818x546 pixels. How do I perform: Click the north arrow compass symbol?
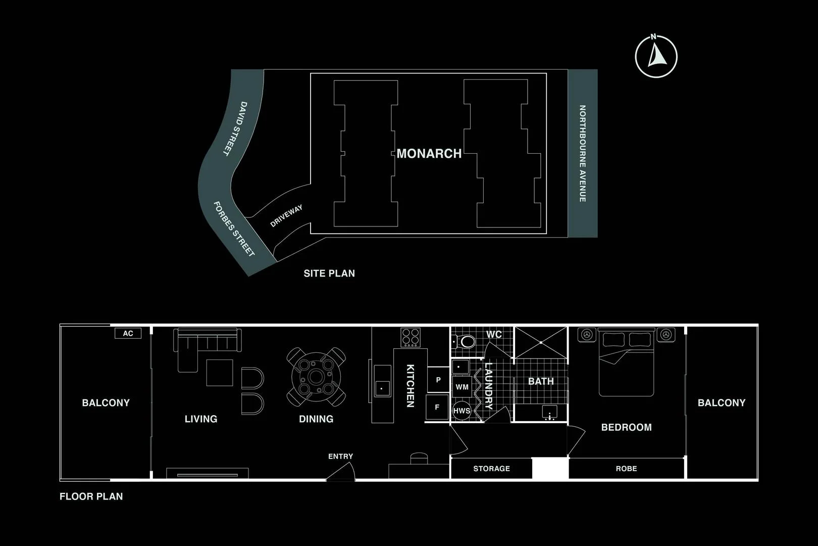(656, 56)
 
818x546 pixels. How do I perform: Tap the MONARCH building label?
(429, 154)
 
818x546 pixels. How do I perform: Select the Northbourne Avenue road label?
(582, 154)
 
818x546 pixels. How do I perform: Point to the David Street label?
(236, 128)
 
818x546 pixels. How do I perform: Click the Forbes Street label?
(233, 229)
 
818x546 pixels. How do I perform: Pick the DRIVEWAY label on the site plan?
(286, 216)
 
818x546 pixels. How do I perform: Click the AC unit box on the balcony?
(128, 333)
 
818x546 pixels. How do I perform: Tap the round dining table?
(317, 377)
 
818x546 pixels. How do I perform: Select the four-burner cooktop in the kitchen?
(411, 337)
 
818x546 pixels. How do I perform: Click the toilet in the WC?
(467, 342)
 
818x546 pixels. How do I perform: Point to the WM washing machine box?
(462, 387)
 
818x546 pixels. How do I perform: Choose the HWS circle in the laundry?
(462, 411)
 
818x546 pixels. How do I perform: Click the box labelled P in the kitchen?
(438, 380)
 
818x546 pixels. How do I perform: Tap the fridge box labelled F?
(437, 407)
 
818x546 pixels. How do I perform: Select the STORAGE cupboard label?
(491, 469)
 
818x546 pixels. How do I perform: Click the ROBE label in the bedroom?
(626, 469)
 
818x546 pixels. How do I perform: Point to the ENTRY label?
(340, 456)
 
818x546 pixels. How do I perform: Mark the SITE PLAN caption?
(329, 274)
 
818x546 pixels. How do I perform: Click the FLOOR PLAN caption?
(91, 496)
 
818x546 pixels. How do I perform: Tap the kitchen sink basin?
(382, 388)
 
